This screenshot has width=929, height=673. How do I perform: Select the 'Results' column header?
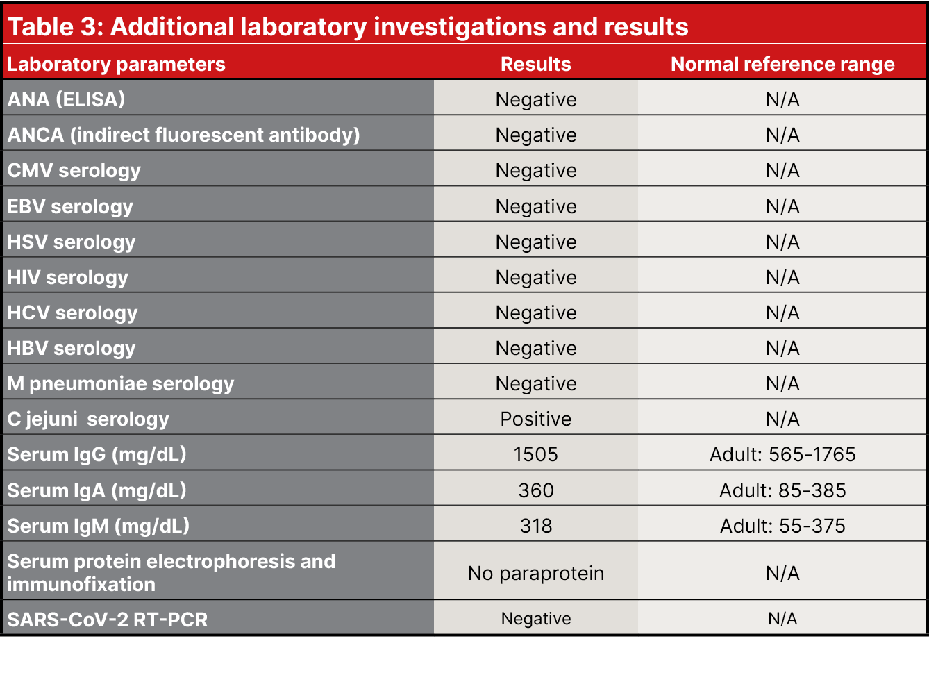tap(535, 64)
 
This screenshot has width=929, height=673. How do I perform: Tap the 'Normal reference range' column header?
tap(782, 64)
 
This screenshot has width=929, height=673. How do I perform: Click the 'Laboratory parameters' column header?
tap(116, 64)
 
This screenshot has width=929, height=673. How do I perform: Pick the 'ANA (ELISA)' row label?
tap(66, 99)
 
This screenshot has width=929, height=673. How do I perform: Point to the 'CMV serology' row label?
tap(74, 170)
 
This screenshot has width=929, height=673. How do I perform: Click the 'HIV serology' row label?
tap(67, 277)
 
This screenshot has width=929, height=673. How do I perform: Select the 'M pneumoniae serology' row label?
tap(120, 383)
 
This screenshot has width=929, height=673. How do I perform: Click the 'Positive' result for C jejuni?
tap(535, 419)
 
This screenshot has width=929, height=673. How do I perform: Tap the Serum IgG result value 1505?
tap(535, 454)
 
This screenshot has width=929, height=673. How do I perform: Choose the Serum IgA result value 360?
tap(535, 490)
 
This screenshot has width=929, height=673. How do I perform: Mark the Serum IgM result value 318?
tap(535, 526)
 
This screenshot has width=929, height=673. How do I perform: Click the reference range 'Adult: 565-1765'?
tap(782, 454)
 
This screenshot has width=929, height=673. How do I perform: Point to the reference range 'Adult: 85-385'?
tap(782, 490)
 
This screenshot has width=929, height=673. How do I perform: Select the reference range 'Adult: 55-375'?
tap(782, 526)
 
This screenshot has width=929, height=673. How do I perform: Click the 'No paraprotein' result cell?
tap(535, 573)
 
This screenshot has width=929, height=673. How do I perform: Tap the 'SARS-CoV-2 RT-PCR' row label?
tap(107, 620)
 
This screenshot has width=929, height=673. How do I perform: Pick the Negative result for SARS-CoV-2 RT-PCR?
tap(535, 619)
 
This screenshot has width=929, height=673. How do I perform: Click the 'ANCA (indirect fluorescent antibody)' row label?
tap(183, 135)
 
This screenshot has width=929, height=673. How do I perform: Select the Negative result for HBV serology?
tap(535, 348)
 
